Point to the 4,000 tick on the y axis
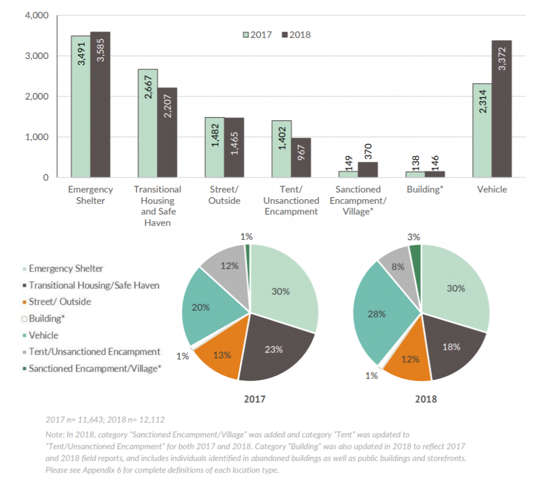click(37, 16)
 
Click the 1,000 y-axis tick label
click(37, 137)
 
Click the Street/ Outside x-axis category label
click(224, 195)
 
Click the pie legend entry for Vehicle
click(43, 335)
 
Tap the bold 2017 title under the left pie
click(254, 399)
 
